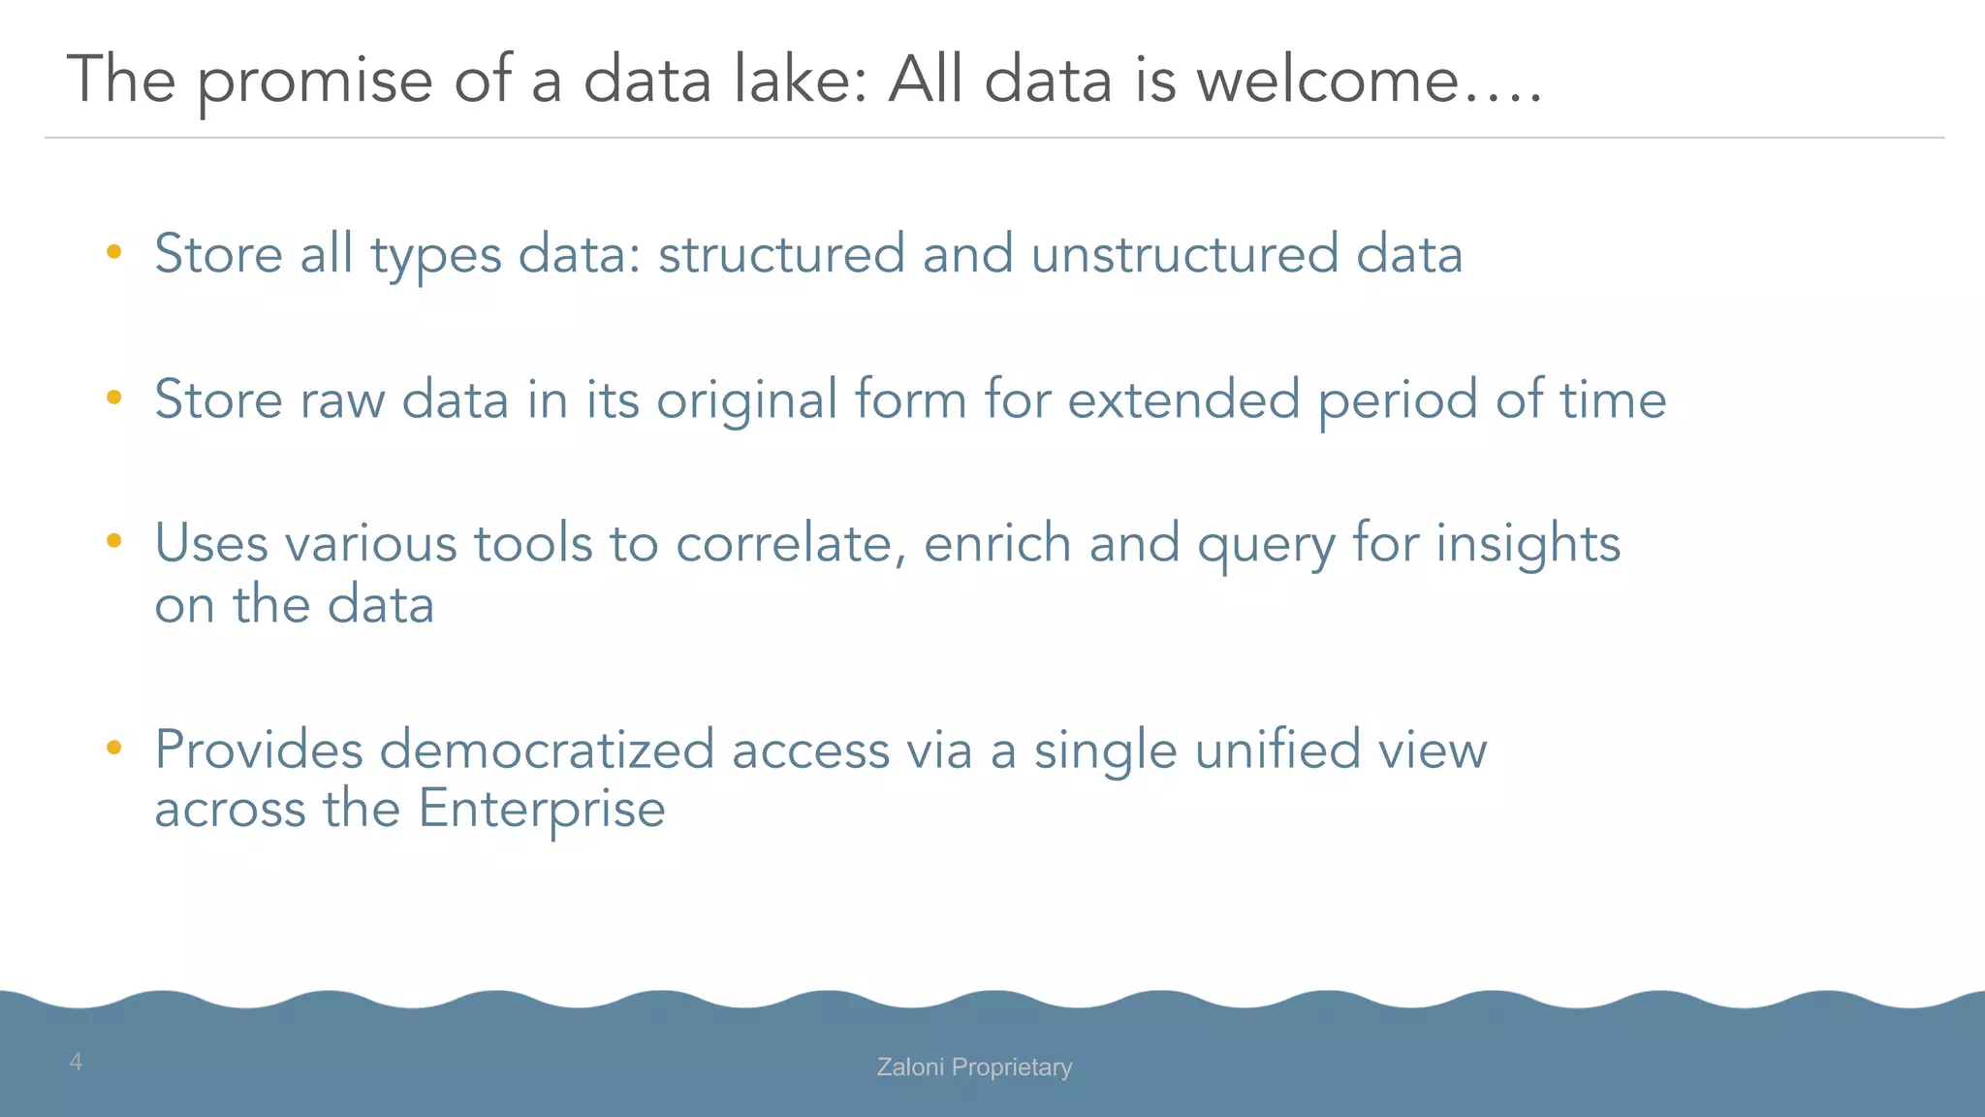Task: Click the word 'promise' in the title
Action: point(315,81)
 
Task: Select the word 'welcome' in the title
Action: point(1328,80)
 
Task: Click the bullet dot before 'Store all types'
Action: point(114,253)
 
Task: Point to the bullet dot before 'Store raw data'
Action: point(114,398)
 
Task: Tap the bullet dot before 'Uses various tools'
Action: point(114,541)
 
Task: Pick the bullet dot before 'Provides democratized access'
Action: point(114,748)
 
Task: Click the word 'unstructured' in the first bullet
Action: point(1183,254)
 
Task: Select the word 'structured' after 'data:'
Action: point(781,254)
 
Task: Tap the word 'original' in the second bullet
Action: point(746,400)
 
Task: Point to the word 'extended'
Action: point(1182,399)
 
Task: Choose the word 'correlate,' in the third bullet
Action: point(791,543)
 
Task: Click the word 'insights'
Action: point(1528,543)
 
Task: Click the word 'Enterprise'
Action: point(542,809)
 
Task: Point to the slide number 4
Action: point(76,1062)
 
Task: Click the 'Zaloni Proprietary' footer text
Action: point(974,1067)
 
